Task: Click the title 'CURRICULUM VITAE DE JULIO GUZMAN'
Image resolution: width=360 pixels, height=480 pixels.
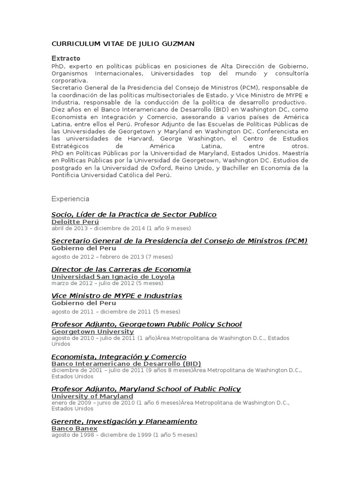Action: click(123, 44)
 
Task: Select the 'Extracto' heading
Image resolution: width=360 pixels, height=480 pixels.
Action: click(66, 58)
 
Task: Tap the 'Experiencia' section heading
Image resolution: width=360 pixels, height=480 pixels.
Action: click(70, 199)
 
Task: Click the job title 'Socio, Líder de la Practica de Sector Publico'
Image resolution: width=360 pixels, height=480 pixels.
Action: click(134, 214)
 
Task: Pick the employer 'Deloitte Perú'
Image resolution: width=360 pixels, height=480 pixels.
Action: click(75, 222)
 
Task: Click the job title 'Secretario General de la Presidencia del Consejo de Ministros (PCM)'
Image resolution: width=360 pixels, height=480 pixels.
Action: click(180, 240)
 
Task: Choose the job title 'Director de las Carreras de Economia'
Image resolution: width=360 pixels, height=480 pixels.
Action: click(121, 269)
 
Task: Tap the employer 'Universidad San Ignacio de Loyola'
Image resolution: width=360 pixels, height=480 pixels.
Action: click(113, 277)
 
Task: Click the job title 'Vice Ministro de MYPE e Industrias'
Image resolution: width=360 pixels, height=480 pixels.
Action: click(117, 296)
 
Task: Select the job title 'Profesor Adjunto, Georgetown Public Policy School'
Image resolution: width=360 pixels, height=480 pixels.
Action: click(147, 324)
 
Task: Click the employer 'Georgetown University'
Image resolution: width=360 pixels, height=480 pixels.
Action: click(92, 331)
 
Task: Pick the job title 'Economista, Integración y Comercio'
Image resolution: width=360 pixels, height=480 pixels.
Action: click(119, 357)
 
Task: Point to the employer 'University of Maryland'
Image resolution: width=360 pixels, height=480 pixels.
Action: click(92, 396)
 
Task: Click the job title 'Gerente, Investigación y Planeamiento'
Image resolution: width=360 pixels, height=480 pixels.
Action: click(124, 421)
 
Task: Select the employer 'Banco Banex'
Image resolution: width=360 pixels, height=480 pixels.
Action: click(75, 428)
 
